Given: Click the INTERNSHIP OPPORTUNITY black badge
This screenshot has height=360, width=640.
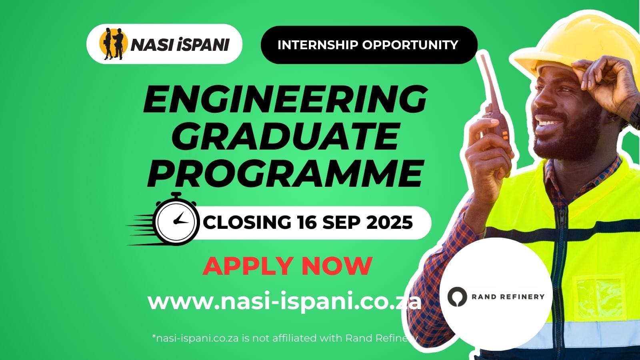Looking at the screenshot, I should pos(368,45).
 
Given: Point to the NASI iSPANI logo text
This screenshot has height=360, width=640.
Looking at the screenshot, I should pos(180,44).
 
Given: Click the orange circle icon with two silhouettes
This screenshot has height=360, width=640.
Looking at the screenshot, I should pos(113,44).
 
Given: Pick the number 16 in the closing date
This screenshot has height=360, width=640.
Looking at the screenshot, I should pos(307,222).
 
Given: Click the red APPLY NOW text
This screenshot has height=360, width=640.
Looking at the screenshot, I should pos(287,266).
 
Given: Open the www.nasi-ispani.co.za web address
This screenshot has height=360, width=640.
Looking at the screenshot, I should pos(284,302).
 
